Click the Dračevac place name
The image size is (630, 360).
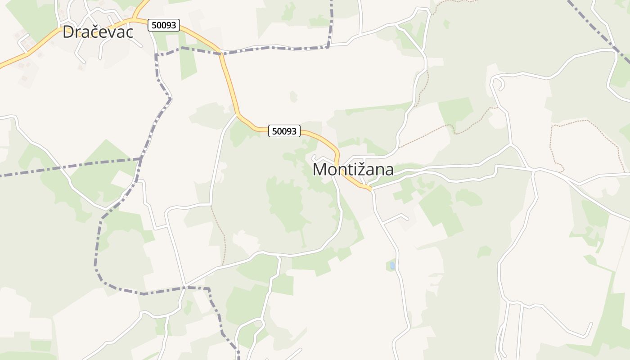pyautogui.click(x=98, y=31)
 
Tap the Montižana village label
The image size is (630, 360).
pyautogui.click(x=353, y=170)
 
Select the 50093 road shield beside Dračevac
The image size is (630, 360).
pyautogui.click(x=164, y=25)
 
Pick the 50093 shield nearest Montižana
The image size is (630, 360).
pyautogui.click(x=284, y=131)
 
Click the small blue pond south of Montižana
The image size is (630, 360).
pyautogui.click(x=392, y=265)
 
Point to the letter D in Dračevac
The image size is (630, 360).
pyautogui.click(x=68, y=31)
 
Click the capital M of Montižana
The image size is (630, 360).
pyautogui.click(x=320, y=170)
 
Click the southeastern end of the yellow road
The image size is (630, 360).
pyautogui.click(x=371, y=189)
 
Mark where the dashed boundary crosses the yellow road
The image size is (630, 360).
pyautogui.click(x=220, y=54)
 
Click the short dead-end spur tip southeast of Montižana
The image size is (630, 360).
pyautogui.click(x=407, y=219)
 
